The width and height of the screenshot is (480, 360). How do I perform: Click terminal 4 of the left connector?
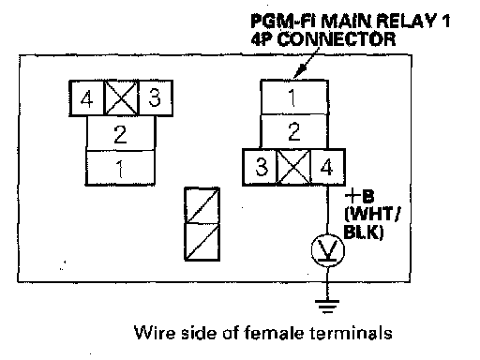86,98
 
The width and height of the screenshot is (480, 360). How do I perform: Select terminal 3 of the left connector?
155,98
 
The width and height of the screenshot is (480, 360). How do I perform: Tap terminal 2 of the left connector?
120,133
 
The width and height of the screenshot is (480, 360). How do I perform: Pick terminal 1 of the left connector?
120,168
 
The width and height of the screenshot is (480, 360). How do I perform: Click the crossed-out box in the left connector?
121,98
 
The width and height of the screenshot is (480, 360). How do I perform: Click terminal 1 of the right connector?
294,97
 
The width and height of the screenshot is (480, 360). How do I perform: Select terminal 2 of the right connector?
294,131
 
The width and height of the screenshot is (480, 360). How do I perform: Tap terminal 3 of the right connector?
261,167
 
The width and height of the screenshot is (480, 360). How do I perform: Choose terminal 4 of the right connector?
328,167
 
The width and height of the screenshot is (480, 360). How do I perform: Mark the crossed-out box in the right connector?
294,167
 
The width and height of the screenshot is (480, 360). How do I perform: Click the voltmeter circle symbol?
328,250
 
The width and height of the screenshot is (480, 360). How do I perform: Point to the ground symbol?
327,307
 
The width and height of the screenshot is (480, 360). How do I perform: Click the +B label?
359,197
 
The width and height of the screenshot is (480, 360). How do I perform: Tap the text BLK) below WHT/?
364,232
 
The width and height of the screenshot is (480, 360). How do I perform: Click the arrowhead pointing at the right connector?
298,71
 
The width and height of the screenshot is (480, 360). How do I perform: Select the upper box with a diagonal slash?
202,205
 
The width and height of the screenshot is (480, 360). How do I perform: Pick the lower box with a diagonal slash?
202,242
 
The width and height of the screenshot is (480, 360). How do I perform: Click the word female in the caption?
273,332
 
